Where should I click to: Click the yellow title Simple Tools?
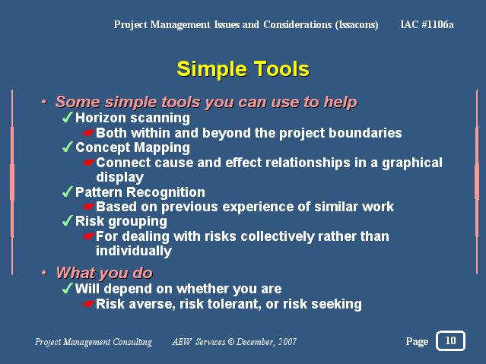(x=243, y=69)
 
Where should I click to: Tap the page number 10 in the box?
(x=450, y=340)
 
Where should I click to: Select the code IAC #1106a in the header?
(x=427, y=24)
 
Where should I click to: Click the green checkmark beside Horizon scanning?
(x=67, y=118)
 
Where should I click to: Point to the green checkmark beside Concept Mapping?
(x=67, y=147)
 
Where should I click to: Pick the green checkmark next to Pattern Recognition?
(x=67, y=191)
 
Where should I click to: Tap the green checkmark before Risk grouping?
(x=67, y=221)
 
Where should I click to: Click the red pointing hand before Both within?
(x=89, y=133)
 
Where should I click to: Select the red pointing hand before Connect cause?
(x=89, y=163)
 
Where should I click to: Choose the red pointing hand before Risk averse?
(x=89, y=304)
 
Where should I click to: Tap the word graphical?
(x=412, y=163)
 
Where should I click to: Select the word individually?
(x=134, y=252)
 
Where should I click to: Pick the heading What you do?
(x=104, y=274)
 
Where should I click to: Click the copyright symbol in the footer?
(x=231, y=342)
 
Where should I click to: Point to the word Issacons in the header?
(x=357, y=25)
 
